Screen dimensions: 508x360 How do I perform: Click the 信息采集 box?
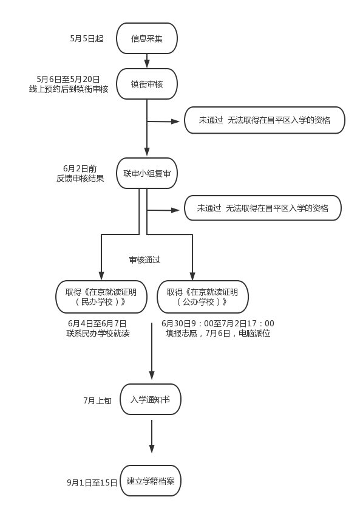[x=147, y=39]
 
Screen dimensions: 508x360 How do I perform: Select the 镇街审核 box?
[x=147, y=84]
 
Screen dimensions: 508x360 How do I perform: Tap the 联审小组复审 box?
[x=147, y=174]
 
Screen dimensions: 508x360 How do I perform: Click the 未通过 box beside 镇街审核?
[x=265, y=120]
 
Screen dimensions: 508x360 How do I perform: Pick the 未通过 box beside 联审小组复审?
[x=263, y=208]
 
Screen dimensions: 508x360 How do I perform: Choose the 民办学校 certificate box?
[x=101, y=297]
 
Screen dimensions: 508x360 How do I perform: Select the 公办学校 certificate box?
[x=202, y=297]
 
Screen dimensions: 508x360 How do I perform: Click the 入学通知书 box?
[x=151, y=399]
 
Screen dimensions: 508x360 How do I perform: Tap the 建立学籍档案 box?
[x=151, y=481]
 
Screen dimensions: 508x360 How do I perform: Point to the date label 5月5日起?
[x=86, y=39]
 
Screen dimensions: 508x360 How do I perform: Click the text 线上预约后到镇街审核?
[x=69, y=89]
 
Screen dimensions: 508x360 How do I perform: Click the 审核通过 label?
[x=144, y=259]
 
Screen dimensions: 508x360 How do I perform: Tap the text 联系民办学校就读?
[x=98, y=334]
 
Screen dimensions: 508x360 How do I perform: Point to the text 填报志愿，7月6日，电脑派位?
[x=218, y=334]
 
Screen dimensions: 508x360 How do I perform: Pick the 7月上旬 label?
[x=97, y=400]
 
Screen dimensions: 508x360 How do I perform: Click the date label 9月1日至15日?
[x=92, y=482]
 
